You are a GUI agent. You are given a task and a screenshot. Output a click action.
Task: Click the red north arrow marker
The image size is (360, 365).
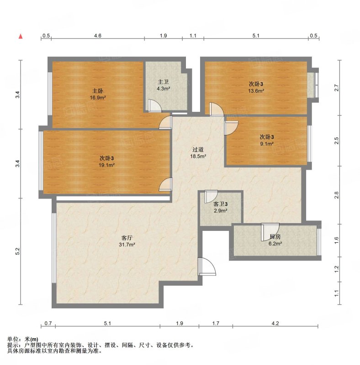[x=21, y=36]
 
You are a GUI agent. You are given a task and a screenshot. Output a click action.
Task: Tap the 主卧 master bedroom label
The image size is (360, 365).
[x=97, y=91]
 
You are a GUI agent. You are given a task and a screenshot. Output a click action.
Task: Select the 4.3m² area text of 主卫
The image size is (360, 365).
[x=163, y=89]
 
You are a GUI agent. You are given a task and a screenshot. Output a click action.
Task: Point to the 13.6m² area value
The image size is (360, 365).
[x=256, y=91]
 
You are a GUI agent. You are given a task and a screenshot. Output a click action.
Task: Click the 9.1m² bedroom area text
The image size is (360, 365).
[x=267, y=144]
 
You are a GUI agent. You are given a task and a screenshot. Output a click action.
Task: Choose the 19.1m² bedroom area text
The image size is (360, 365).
[x=106, y=165]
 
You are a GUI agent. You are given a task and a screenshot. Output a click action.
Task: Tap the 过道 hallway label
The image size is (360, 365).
[x=198, y=150]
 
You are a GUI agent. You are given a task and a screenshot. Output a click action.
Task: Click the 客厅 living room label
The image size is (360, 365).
[x=127, y=238]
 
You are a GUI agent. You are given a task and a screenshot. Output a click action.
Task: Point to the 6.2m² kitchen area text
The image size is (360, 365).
[x=275, y=244]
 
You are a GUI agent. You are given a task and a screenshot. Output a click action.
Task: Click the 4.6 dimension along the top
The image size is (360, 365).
[x=98, y=36]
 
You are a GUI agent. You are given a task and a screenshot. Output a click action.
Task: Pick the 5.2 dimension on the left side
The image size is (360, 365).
[x=18, y=251]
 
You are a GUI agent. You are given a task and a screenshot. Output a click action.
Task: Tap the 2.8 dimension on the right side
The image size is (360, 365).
[x=336, y=195]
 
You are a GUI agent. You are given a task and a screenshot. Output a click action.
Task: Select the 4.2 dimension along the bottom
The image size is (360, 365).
[x=275, y=323]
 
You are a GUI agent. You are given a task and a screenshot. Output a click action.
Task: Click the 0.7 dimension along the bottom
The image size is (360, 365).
[x=48, y=323]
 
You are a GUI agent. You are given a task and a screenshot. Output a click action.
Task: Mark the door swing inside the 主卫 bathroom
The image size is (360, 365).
[x=154, y=106]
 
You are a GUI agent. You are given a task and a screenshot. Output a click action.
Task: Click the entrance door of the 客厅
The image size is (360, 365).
[x=206, y=266]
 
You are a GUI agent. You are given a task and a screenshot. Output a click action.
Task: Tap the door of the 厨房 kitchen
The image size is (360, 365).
[x=270, y=232]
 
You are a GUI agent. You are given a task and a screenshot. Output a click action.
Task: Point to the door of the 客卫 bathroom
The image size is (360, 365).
[x=211, y=197]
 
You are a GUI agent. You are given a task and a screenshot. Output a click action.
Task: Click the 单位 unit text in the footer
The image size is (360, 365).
[x=13, y=339]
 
